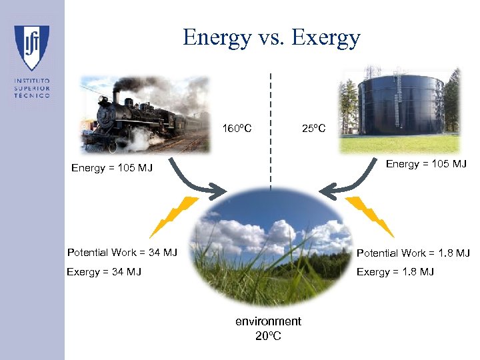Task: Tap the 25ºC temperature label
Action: pos(313,127)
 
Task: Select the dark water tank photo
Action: pos(399,109)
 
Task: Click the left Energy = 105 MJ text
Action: pos(112,168)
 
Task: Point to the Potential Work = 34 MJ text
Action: pos(122,252)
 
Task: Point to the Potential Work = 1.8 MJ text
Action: pos(413,253)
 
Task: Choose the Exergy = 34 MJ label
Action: pos(104,271)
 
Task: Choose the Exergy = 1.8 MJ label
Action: pos(395,271)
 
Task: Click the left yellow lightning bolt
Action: pos(174,217)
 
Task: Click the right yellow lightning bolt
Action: pos(369,217)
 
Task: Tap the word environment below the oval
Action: pos(268,321)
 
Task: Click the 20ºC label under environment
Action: pos(268,335)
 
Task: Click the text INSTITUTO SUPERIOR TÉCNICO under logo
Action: pos(31,88)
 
